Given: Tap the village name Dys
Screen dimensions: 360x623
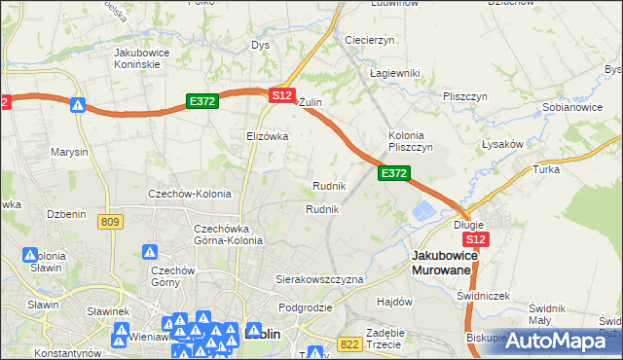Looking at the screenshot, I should [x=260, y=45].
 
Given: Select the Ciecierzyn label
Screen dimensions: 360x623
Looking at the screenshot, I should [x=369, y=40].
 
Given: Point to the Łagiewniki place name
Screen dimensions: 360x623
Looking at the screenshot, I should [x=394, y=73].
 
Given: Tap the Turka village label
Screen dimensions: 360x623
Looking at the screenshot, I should [x=545, y=169].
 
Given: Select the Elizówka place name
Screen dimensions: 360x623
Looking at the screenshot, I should [x=268, y=136].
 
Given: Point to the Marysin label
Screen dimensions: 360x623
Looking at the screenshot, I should [x=69, y=152].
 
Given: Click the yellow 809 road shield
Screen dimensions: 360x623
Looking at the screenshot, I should [x=110, y=223].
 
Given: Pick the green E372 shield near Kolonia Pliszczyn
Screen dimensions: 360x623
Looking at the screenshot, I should [x=393, y=172].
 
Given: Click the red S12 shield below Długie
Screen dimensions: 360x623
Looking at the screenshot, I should [x=475, y=239].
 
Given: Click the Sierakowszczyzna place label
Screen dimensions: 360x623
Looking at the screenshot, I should [x=320, y=279].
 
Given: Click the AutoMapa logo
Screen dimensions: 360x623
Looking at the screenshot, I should [x=556, y=341].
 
